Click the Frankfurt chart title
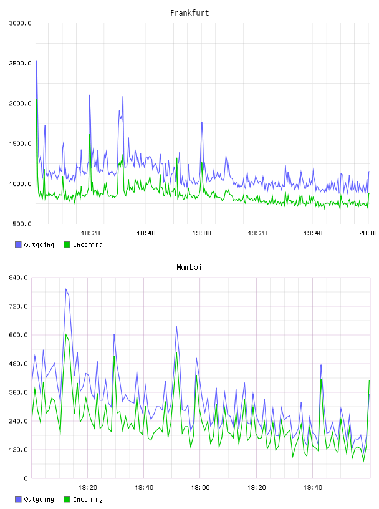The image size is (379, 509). pyautogui.click(x=189, y=13)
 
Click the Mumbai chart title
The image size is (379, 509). pyautogui.click(x=189, y=268)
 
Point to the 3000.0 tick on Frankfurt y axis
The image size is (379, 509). pyautogui.click(x=20, y=23)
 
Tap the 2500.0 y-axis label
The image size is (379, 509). pyautogui.click(x=20, y=63)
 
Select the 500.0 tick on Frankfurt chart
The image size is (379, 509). pyautogui.click(x=22, y=224)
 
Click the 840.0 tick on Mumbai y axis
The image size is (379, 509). pyautogui.click(x=18, y=278)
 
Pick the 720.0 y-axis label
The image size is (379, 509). pyautogui.click(x=18, y=306)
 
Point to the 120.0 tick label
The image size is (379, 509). pyautogui.click(x=18, y=450)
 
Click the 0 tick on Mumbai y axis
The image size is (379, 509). pyautogui.click(x=26, y=478)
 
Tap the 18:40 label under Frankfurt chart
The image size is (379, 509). pyautogui.click(x=146, y=233)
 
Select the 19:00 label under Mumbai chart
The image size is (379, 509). pyautogui.click(x=200, y=488)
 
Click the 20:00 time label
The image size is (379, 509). pyautogui.click(x=368, y=233)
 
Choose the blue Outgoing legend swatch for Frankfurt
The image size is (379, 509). pyautogui.click(x=18, y=245)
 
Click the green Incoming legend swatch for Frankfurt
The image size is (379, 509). pyautogui.click(x=67, y=245)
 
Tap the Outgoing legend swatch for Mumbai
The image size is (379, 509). pyautogui.click(x=18, y=499)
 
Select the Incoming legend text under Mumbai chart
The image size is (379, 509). pyautogui.click(x=88, y=499)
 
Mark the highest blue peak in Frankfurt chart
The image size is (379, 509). pyautogui.click(x=37, y=61)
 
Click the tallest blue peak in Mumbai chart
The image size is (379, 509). pyautogui.click(x=66, y=289)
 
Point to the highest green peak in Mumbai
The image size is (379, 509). pyautogui.click(x=66, y=334)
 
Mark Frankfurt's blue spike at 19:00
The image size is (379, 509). pyautogui.click(x=202, y=122)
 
